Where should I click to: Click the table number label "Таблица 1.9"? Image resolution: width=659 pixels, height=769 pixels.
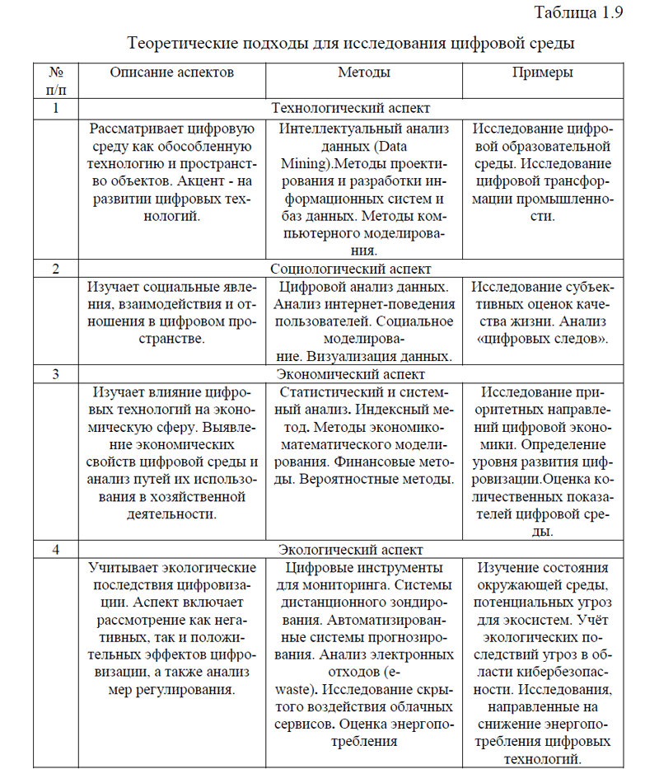point(579,12)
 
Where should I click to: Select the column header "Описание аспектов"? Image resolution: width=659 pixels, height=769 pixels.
point(171,73)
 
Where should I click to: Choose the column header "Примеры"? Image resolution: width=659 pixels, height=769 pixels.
point(543,73)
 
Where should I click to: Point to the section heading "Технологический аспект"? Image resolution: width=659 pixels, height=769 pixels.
point(351,108)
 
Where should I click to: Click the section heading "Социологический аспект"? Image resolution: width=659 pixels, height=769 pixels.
point(351,268)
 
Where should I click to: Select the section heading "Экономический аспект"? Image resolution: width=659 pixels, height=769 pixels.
point(351,374)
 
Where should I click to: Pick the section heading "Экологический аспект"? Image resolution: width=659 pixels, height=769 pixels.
point(351,550)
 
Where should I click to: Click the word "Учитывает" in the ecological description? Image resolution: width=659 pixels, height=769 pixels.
point(121,568)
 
